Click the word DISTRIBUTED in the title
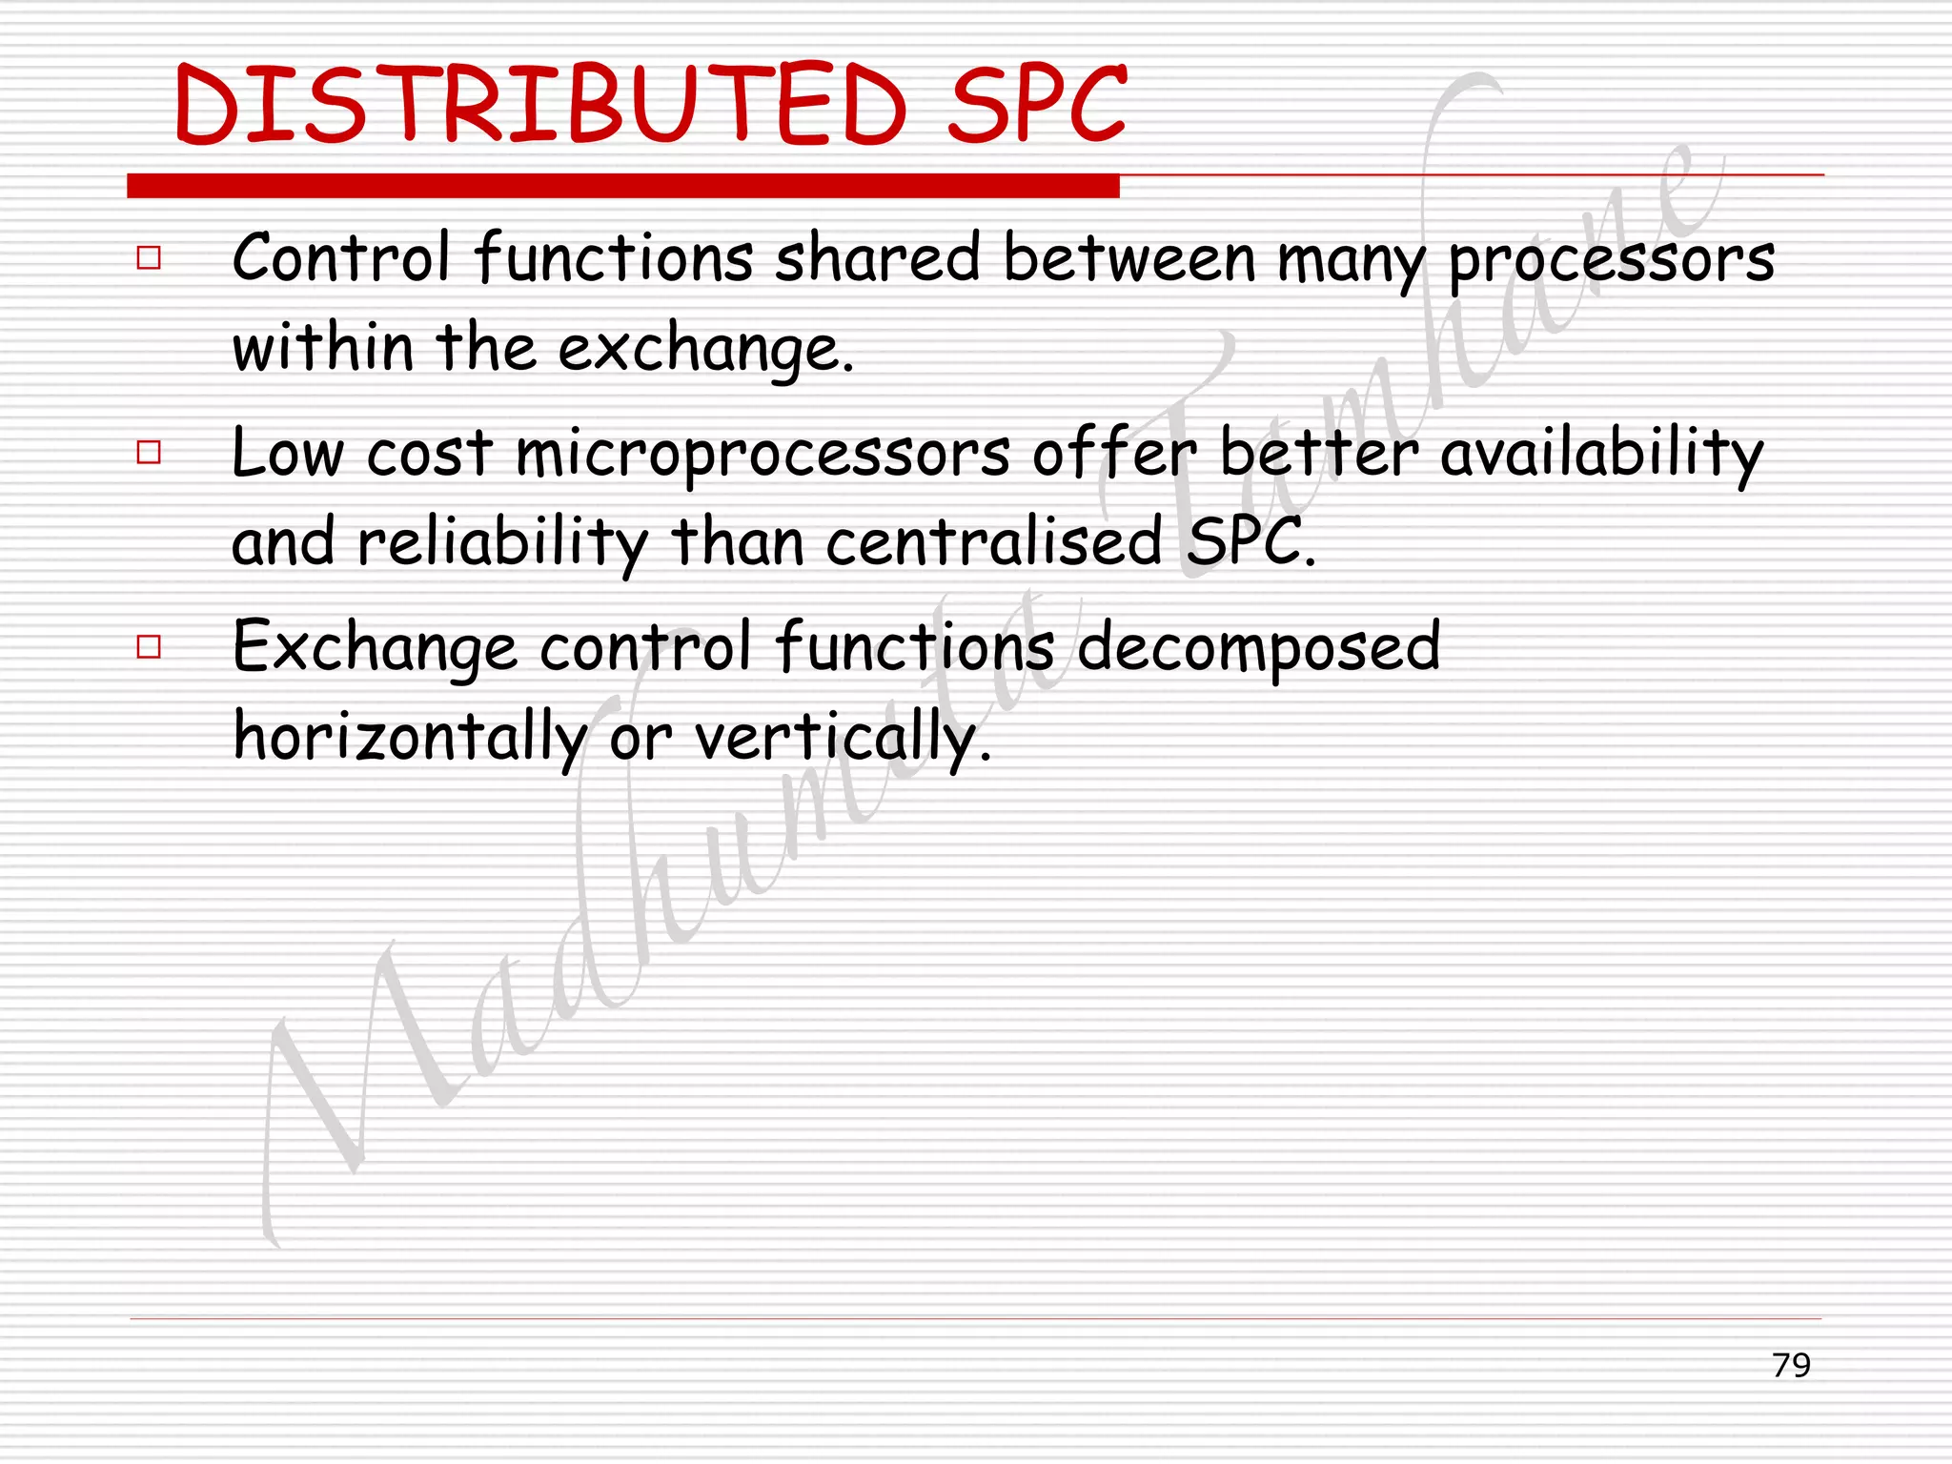[x=540, y=105]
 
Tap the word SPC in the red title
[x=1037, y=105]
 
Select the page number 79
[x=1791, y=1365]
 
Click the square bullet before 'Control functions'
[x=149, y=258]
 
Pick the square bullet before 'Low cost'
[x=149, y=452]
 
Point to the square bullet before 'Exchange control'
[x=149, y=647]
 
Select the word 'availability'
[x=1601, y=454]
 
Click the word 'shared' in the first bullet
[x=877, y=258]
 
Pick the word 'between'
[x=1129, y=258]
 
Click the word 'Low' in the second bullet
[x=287, y=454]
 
